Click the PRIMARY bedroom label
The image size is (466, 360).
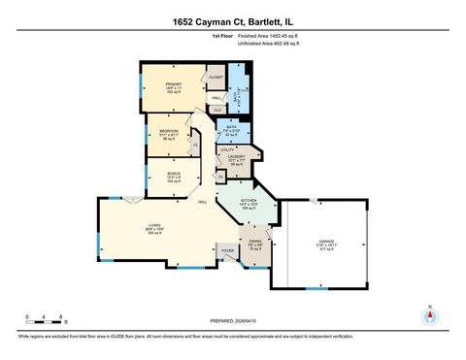click(x=174, y=85)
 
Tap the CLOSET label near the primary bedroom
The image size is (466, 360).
click(x=216, y=77)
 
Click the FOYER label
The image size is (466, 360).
click(x=228, y=250)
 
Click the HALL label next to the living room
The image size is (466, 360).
click(x=204, y=202)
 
